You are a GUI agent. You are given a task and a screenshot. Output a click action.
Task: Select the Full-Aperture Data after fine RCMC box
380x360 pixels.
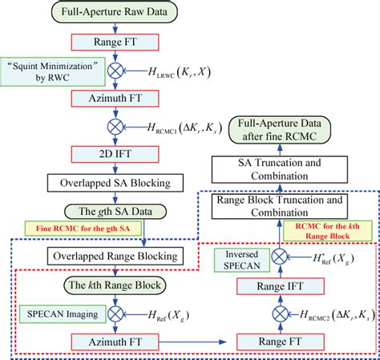289,131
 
